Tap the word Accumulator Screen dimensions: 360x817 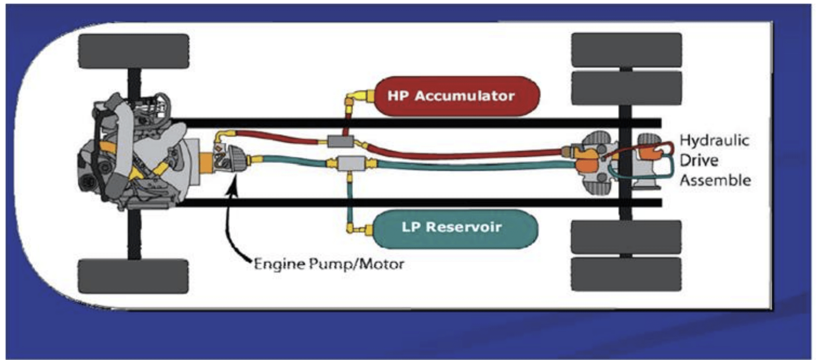click(x=465, y=96)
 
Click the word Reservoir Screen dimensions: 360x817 click(x=463, y=227)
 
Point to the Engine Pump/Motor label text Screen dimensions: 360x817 click(x=329, y=264)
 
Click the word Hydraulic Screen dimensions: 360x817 click(x=714, y=140)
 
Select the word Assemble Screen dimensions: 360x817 click(x=715, y=180)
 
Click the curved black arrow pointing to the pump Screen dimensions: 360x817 click(x=233, y=224)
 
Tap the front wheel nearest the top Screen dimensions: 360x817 click(x=134, y=51)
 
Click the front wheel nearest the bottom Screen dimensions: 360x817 click(x=133, y=276)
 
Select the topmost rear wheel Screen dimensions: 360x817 click(x=626, y=49)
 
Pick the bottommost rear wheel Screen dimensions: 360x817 click(x=626, y=274)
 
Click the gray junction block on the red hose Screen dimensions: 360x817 click(x=340, y=141)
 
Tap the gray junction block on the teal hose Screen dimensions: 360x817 click(x=351, y=164)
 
